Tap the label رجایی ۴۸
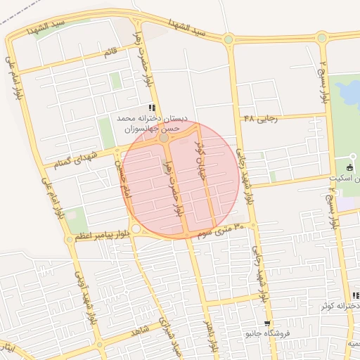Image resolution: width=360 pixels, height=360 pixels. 261,119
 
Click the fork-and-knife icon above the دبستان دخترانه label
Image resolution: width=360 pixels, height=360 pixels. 153,106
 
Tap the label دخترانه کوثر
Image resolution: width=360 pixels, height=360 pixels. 340,306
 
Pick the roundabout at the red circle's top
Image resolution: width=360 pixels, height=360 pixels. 164,139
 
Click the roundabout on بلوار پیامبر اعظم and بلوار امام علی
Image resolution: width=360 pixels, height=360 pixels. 69,240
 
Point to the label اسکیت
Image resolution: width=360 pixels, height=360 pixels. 345,179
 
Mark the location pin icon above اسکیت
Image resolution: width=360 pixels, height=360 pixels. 353,157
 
